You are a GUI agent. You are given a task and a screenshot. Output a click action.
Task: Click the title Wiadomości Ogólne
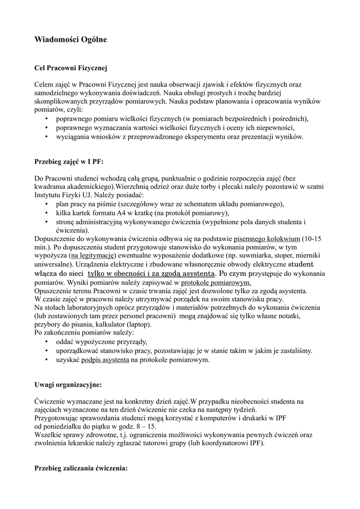click(x=70, y=38)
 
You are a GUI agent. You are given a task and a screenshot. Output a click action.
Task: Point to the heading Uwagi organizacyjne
click(x=68, y=384)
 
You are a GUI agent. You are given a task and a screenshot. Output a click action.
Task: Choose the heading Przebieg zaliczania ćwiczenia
click(x=81, y=468)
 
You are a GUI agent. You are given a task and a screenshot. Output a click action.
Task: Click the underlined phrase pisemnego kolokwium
click(x=267, y=238)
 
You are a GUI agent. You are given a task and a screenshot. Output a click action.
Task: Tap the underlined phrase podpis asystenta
click(x=105, y=359)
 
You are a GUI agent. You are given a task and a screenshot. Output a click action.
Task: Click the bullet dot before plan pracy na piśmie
click(x=46, y=204)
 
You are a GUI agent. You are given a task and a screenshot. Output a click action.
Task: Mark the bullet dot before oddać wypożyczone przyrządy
click(x=46, y=342)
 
